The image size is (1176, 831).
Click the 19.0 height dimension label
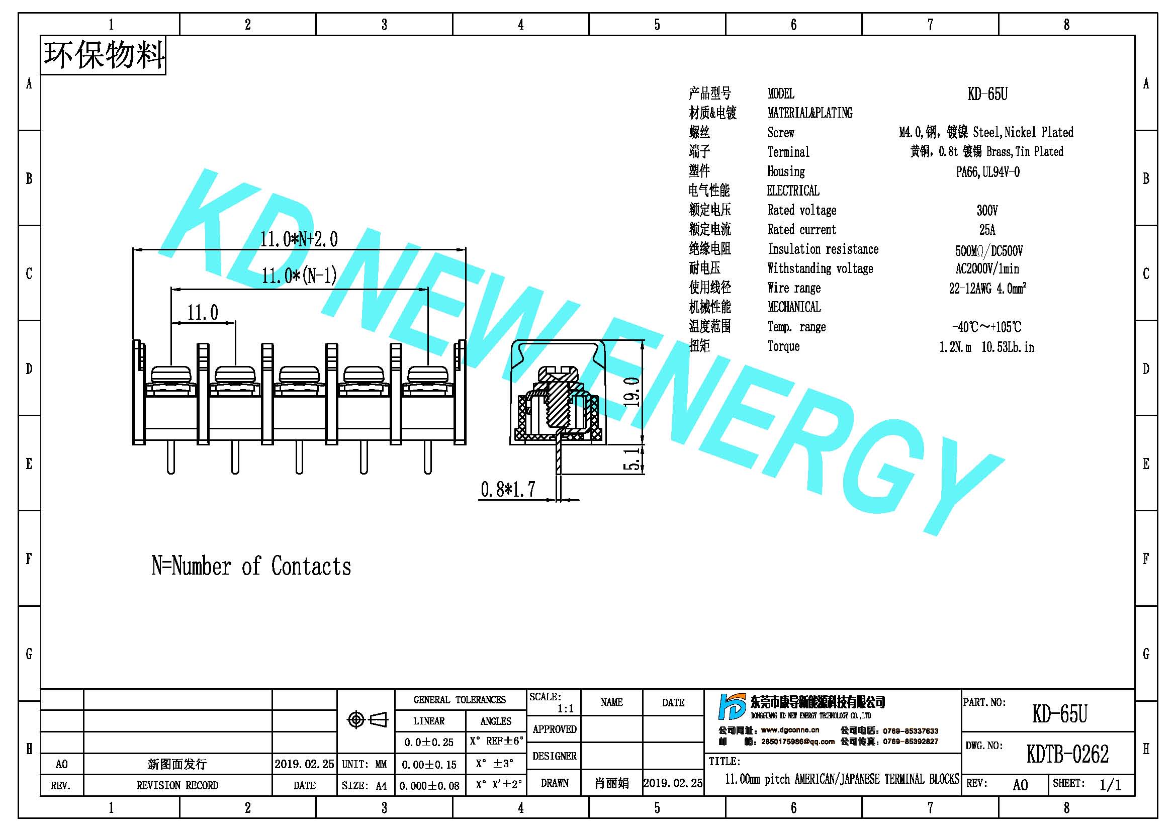point(634,392)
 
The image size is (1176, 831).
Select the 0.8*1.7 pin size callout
point(508,490)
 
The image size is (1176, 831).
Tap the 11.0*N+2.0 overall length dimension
point(299,239)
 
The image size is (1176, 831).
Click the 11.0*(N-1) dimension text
point(299,276)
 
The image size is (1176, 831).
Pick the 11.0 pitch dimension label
point(203,312)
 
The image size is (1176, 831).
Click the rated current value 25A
point(987,230)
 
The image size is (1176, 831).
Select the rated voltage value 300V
point(987,211)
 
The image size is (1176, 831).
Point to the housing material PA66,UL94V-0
point(987,172)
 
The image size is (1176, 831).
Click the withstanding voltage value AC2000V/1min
point(987,269)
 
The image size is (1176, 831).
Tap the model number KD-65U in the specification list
point(987,94)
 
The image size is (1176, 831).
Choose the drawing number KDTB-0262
point(1067,754)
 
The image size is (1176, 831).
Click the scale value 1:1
point(566,709)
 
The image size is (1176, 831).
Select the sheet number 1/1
point(1110,785)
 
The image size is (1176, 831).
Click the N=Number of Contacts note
point(251,566)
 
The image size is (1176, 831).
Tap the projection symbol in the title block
point(367,720)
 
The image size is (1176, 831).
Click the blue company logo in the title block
point(732,707)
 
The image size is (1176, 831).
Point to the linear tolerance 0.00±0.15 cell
point(429,765)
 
